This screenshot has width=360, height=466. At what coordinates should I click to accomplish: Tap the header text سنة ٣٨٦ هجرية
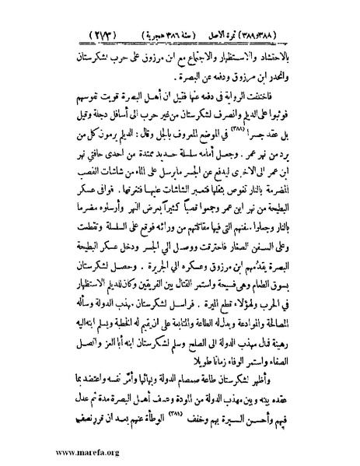[208, 16]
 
